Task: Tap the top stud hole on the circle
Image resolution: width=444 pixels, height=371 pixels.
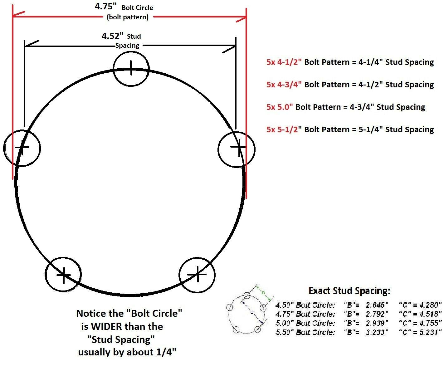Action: tap(131, 68)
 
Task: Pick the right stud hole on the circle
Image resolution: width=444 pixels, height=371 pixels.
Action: tap(237, 149)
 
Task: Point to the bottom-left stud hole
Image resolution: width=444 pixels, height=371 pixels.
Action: tap(63, 275)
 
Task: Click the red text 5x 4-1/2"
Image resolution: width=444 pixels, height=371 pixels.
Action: tap(284, 62)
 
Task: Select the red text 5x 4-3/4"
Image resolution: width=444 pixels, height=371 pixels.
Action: tap(284, 85)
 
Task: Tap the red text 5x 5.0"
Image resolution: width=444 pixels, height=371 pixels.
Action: tap(280, 107)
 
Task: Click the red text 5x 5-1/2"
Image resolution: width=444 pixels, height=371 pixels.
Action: tap(284, 130)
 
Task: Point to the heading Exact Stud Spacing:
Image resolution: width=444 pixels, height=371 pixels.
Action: tap(349, 291)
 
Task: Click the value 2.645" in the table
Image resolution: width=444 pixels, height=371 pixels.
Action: tap(377, 305)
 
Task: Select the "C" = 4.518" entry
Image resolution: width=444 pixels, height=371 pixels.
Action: tap(420, 314)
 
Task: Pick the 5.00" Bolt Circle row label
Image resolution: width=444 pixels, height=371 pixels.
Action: tap(305, 323)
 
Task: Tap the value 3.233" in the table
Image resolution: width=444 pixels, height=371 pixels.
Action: tap(377, 332)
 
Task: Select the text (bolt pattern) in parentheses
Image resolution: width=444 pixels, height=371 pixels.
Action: tap(128, 17)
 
